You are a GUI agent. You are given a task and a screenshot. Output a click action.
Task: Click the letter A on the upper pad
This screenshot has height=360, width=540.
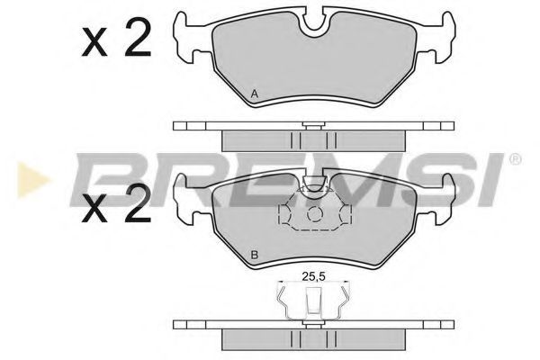coord(255,94)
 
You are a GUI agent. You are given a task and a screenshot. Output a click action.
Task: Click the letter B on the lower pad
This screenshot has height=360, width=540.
coord(255,256)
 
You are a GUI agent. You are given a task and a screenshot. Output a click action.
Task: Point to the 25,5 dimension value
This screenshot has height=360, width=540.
coord(314,276)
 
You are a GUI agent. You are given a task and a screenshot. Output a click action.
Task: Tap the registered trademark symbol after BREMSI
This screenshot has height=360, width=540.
coord(515,159)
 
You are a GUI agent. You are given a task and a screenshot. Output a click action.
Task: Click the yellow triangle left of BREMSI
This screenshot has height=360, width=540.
coord(31,180)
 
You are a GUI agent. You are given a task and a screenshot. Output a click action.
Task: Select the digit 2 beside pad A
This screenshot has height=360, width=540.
coord(138,37)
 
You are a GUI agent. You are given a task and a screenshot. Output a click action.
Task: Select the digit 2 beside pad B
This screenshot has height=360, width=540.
coord(138,203)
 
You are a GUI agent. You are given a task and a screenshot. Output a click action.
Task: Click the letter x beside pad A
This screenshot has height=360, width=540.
coord(94,42)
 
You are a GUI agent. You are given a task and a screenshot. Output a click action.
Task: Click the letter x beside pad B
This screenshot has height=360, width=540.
coord(94,209)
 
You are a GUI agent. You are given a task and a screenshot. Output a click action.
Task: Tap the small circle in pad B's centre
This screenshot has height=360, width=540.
coord(314,214)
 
